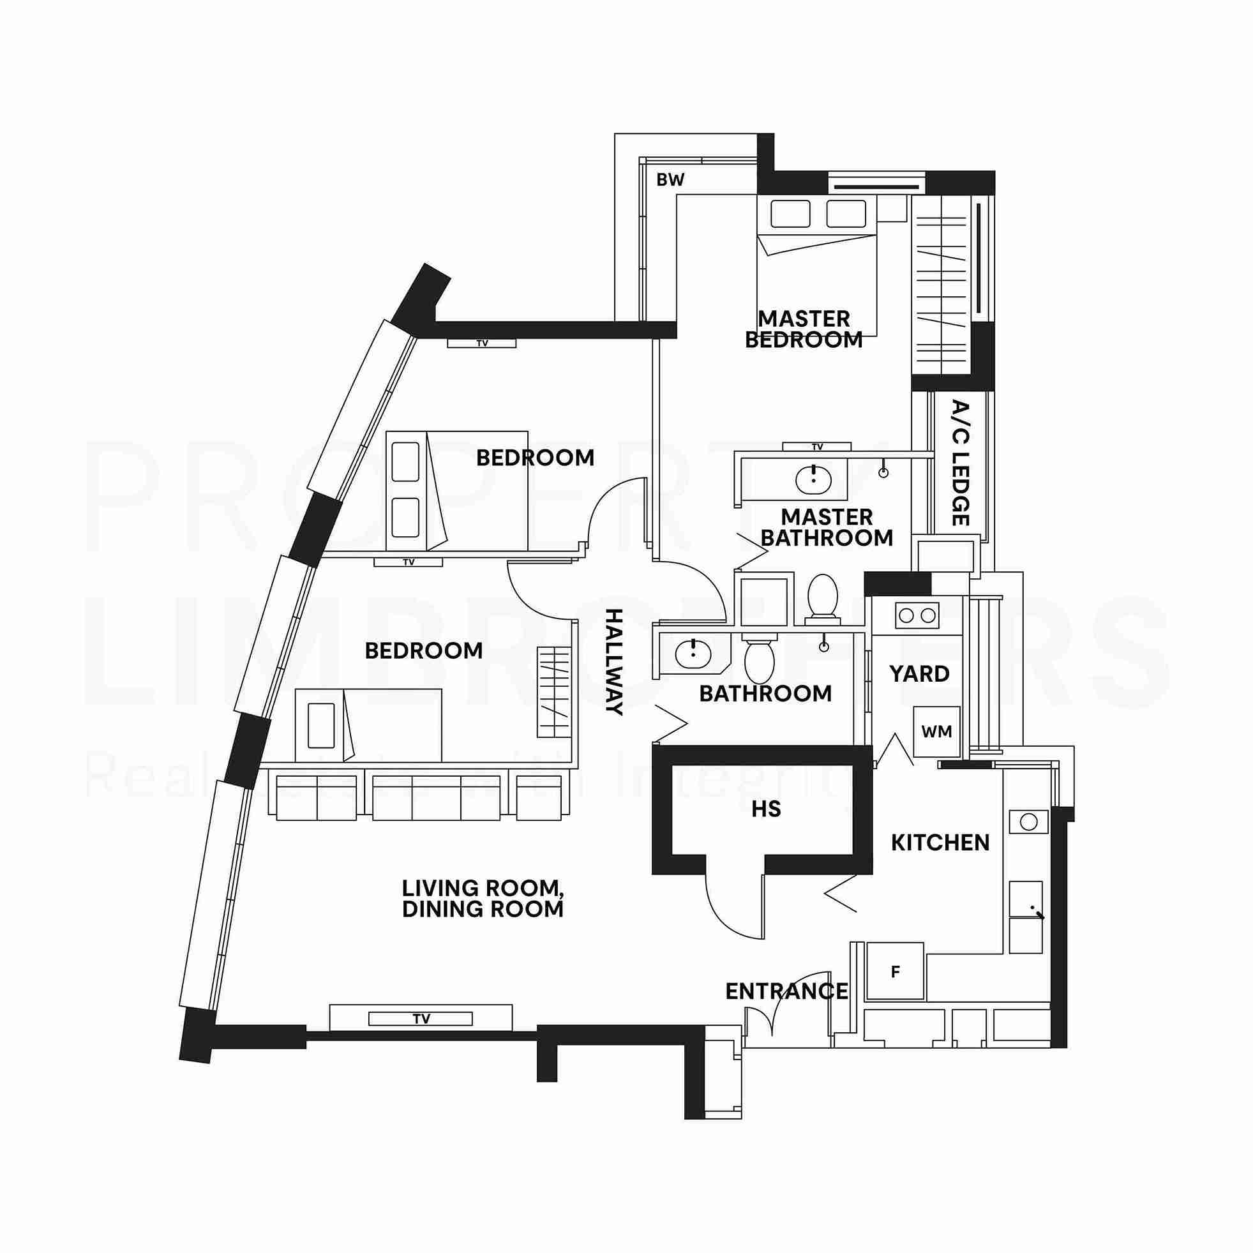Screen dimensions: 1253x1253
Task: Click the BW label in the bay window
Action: tap(670, 180)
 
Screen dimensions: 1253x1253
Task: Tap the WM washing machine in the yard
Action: tap(936, 732)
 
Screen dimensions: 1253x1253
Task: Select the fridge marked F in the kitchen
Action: tap(896, 972)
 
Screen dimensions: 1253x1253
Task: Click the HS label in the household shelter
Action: tap(766, 809)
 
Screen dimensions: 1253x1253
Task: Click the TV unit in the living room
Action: tap(421, 1019)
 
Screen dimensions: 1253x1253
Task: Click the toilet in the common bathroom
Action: tap(759, 661)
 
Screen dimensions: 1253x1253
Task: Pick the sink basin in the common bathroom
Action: tap(693, 654)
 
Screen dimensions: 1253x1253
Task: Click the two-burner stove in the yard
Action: tap(917, 615)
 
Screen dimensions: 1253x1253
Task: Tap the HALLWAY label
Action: tap(613, 661)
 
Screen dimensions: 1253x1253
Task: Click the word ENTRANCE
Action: tap(786, 992)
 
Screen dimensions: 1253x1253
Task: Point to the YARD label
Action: tap(919, 674)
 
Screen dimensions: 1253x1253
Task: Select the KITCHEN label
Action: tap(940, 843)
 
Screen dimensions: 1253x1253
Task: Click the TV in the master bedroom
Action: tap(816, 447)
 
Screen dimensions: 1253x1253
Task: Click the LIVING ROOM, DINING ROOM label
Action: tap(483, 898)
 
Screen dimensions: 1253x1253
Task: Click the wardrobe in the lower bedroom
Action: tap(555, 692)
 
